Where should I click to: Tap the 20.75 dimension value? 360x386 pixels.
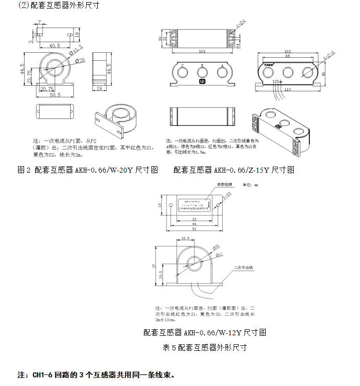[47, 88]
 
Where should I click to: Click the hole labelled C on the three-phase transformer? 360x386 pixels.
[183, 73]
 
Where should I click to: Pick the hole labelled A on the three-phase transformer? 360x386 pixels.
[220, 73]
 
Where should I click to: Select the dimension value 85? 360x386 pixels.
[287, 56]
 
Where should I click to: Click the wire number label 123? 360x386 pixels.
[275, 81]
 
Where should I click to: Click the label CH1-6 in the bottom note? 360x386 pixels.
[43, 375]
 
